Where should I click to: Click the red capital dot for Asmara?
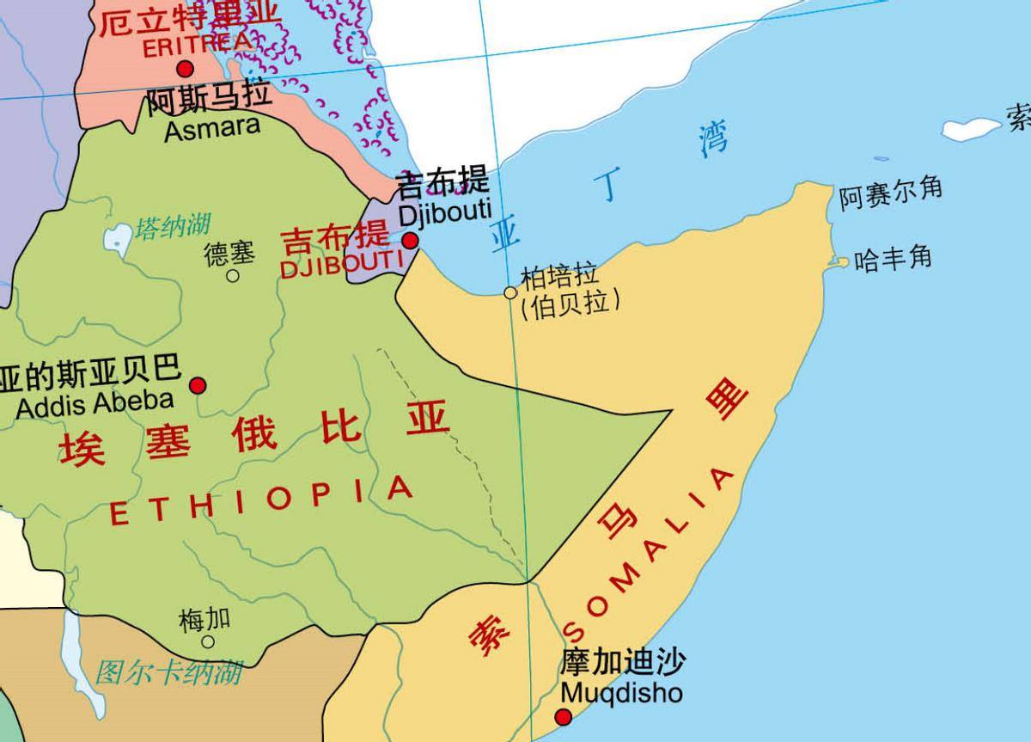[185, 70]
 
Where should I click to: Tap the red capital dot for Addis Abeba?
[198, 384]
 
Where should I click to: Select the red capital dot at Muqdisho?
[564, 716]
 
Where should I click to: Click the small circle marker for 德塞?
[233, 276]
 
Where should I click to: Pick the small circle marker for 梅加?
[208, 641]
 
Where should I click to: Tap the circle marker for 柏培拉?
[510, 292]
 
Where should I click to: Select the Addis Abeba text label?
[95, 402]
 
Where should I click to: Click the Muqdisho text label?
[621, 692]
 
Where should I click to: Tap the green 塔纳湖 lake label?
[173, 227]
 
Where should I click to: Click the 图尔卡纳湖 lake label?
[168, 671]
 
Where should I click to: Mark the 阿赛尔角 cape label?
[890, 193]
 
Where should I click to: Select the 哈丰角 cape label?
[894, 258]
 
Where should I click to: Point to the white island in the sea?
[971, 129]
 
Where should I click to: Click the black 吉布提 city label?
[442, 183]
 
